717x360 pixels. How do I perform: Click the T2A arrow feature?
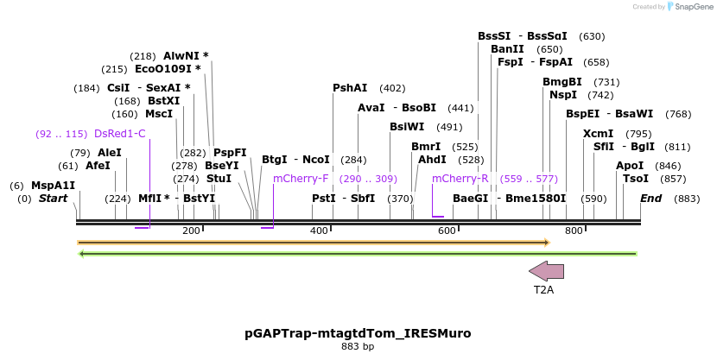[x=546, y=270]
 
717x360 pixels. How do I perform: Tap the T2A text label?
[x=543, y=290]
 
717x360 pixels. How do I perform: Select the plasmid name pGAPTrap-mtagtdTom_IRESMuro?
[x=358, y=332]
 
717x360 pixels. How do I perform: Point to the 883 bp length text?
[x=358, y=347]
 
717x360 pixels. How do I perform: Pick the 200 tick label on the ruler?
[x=191, y=231]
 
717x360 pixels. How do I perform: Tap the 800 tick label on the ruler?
[x=574, y=231]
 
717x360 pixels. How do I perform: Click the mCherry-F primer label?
[x=301, y=179]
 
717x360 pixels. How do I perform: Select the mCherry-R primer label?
[x=460, y=179]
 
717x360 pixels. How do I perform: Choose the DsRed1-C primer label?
[x=119, y=134]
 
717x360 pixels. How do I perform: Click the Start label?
[x=53, y=199]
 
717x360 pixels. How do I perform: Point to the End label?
[x=651, y=199]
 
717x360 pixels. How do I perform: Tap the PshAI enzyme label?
[x=350, y=88]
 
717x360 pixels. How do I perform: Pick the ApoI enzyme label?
[x=630, y=166]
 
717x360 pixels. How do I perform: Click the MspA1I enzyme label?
[x=53, y=186]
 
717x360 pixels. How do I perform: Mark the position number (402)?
[x=392, y=88]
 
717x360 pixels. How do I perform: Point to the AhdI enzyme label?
[x=432, y=160]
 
